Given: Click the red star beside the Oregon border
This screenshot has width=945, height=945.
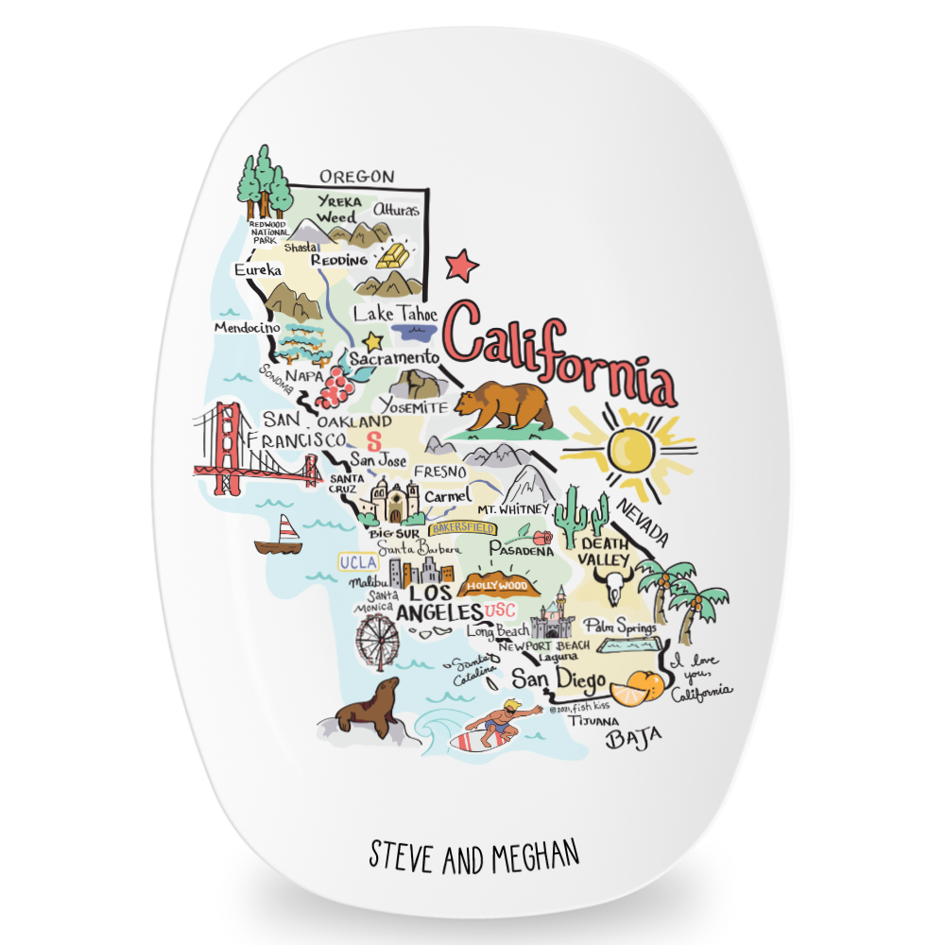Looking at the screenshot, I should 462,265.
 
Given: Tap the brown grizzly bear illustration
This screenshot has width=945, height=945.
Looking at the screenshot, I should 502,407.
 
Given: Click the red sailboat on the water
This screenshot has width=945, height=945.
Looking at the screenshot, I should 278,537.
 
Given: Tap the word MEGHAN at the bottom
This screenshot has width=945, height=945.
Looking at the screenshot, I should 531,856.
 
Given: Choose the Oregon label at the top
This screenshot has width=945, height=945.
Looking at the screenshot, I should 355,177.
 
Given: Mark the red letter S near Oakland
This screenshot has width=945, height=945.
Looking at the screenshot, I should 372,440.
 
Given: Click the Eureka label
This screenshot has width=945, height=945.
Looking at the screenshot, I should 258,270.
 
